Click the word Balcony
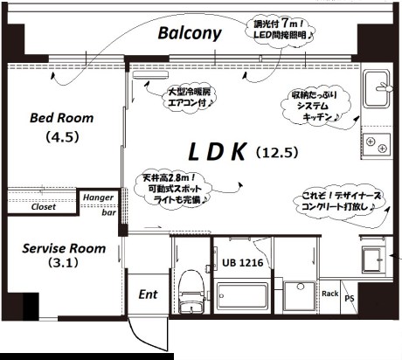(190, 34)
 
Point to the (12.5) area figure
(278, 152)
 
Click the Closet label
(43, 207)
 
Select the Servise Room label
(64, 248)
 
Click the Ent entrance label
(148, 294)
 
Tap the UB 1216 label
(241, 262)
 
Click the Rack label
(330, 294)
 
